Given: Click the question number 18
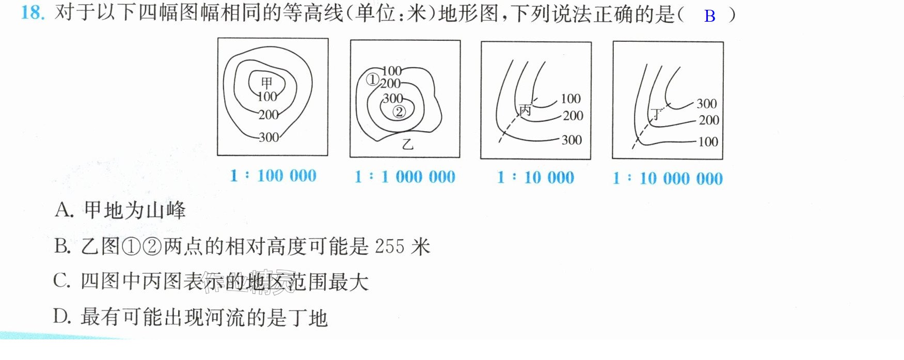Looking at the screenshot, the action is point(33,12).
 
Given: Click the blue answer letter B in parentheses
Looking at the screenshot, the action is point(710,16).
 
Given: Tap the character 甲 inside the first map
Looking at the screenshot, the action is point(266,83).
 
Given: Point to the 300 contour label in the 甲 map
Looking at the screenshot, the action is point(268,137).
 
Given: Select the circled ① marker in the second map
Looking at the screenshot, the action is point(372,80).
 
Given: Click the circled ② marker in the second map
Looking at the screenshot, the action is point(399,111).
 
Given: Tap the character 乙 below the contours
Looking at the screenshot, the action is point(408,144).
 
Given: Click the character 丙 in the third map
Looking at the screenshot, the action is point(525,109).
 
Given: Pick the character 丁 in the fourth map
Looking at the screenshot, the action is point(656,114).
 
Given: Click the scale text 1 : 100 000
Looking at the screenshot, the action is point(273,176).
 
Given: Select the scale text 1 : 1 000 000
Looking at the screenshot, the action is point(405,177).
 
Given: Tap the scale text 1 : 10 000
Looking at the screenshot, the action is point(535,178).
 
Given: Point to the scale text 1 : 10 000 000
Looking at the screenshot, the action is point(668,178).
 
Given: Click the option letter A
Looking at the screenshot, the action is point(64,210).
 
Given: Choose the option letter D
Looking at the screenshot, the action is point(62,316).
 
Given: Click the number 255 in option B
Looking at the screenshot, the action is point(389,246).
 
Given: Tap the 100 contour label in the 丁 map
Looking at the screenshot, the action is point(708,142).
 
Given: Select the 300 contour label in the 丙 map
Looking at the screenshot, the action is point(572,140).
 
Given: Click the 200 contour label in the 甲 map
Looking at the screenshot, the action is point(268,114).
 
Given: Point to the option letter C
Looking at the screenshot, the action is point(61,280).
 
